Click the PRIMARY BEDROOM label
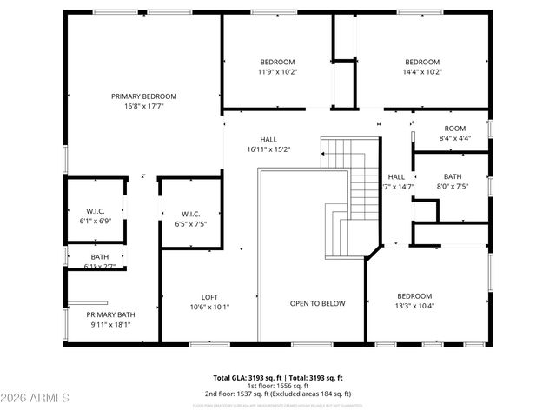pos(144,96)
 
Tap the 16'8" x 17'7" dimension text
pos(144,106)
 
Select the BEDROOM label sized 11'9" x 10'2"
pos(278,62)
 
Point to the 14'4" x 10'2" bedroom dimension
pos(423,72)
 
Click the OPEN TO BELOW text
pos(317,303)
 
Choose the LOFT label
pos(210,296)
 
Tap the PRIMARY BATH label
pos(110,314)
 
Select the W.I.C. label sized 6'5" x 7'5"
pos(191,214)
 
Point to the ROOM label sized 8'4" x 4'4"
pos(455,128)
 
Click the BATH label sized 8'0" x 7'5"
pos(453,175)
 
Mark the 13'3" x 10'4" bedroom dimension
pos(415,306)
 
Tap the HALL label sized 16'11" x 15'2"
pos(268,139)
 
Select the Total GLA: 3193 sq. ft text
pos(248,378)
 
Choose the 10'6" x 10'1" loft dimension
pos(210,306)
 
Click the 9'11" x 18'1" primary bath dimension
pos(110,325)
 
